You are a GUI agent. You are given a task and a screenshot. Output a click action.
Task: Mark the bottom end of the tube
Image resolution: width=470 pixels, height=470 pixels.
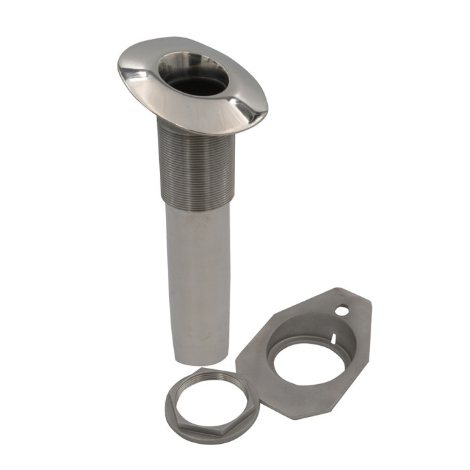[199, 361]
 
